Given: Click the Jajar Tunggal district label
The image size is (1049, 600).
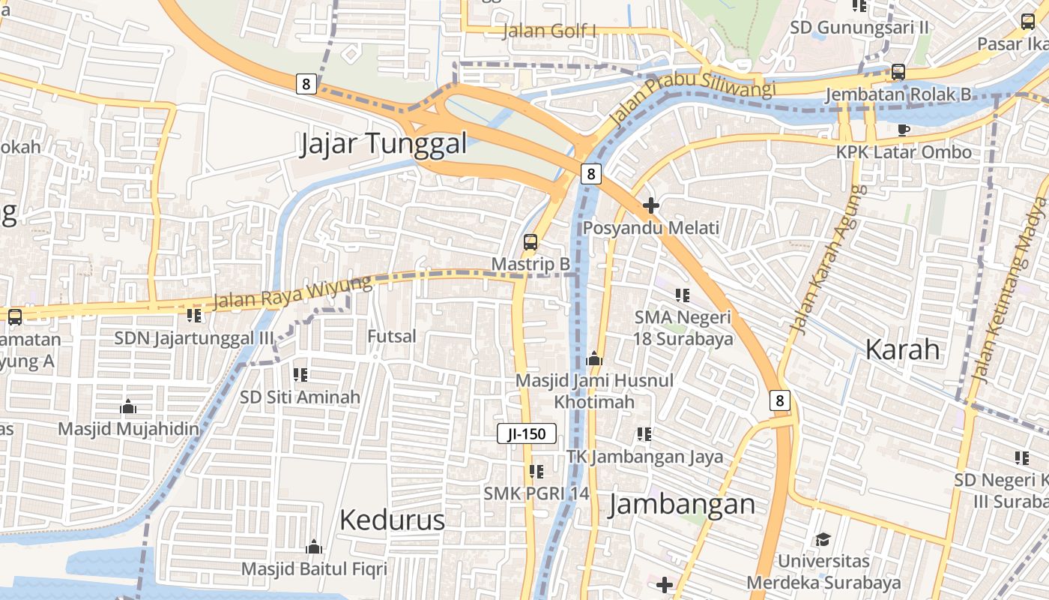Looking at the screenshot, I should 383,143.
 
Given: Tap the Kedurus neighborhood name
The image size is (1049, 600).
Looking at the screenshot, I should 392,520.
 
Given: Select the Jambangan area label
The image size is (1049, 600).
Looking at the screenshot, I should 682,504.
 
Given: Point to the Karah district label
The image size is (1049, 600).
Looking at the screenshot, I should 902,349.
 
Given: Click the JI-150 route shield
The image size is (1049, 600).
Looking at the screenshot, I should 527,433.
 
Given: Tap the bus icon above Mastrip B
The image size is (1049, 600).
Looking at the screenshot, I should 530,242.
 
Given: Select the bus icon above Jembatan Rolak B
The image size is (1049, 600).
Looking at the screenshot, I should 898,72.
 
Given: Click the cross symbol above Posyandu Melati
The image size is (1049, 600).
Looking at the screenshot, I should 650,205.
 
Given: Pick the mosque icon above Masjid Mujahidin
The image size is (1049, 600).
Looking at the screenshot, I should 128,406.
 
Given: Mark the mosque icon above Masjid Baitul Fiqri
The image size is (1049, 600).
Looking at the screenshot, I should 314,547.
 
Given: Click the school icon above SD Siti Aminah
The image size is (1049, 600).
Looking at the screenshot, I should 300,374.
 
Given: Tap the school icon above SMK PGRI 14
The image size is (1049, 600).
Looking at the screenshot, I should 536,471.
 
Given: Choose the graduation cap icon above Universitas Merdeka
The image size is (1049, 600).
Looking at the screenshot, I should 823,539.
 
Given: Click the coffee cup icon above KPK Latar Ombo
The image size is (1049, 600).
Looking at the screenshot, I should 904,130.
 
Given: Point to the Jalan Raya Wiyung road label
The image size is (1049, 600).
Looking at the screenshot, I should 292,292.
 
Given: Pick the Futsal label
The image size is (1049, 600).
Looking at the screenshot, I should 391,337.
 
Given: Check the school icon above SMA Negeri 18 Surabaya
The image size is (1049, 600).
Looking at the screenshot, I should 682,295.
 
